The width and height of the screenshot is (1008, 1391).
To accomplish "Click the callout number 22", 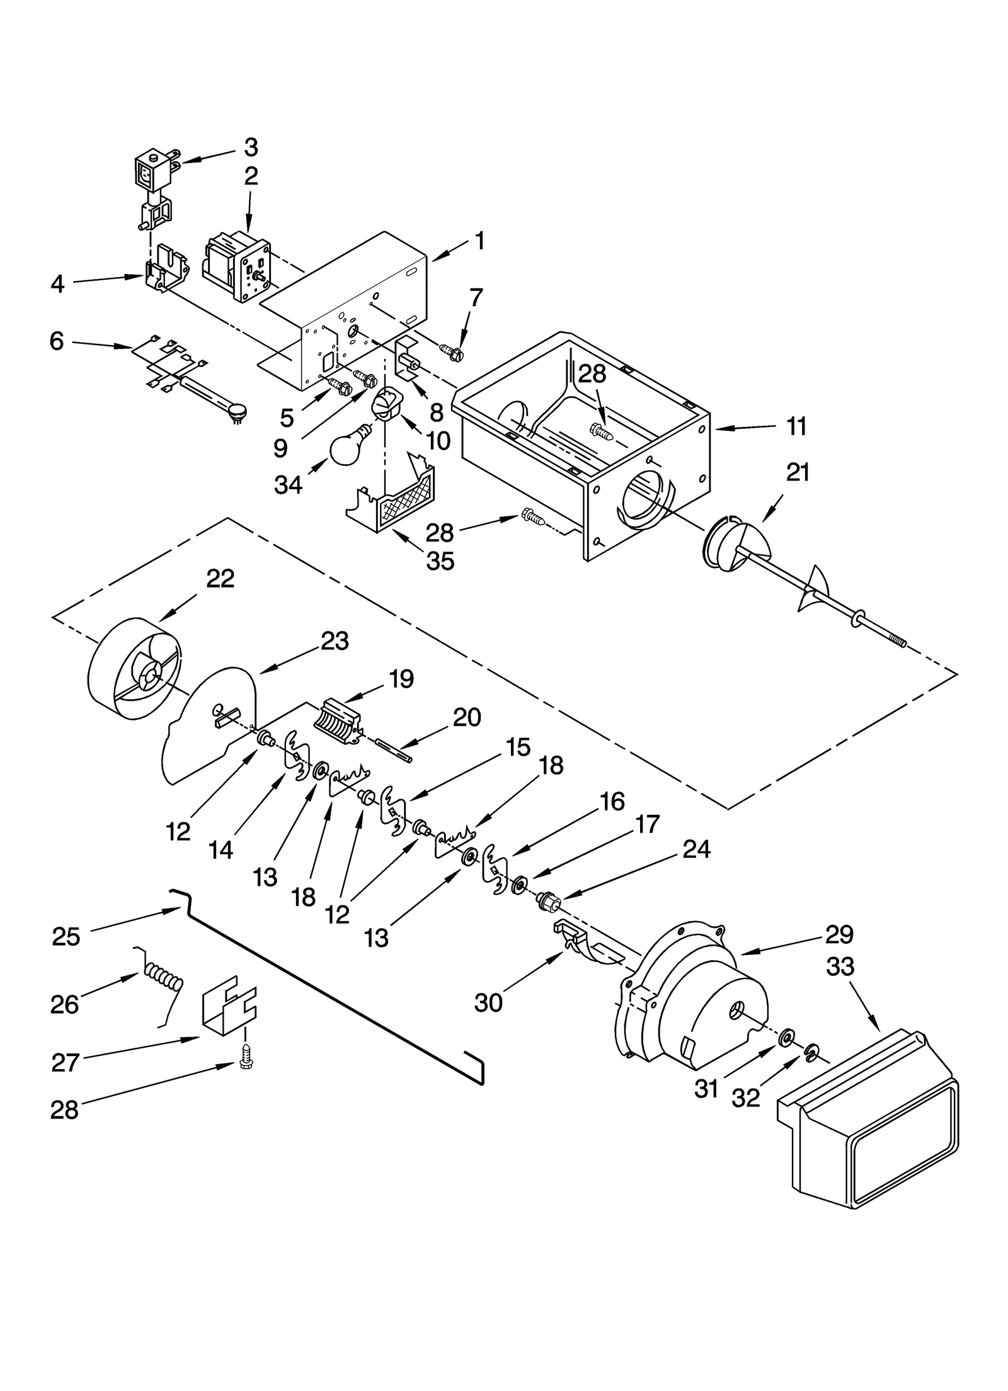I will click(220, 579).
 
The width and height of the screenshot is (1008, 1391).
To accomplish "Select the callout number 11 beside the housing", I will click(796, 427).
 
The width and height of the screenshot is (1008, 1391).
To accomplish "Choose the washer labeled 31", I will click(786, 1036).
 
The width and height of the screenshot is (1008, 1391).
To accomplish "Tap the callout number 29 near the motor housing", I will click(839, 934).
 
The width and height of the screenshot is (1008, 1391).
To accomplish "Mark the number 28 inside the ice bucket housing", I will click(592, 374).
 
